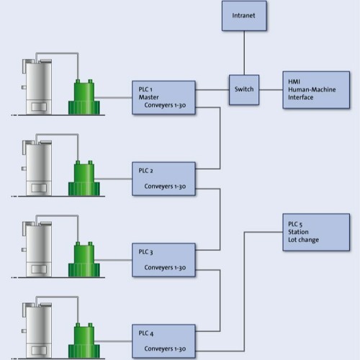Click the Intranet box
click(244, 16)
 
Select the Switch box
click(243, 89)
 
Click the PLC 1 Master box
click(163, 97)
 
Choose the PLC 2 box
click(163, 179)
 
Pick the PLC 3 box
click(163, 260)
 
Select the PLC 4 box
click(163, 340)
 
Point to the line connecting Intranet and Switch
click(244, 53)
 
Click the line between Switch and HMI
click(270, 90)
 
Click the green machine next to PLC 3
click(85, 256)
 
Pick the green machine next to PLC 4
click(85, 336)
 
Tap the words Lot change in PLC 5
click(303, 240)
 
